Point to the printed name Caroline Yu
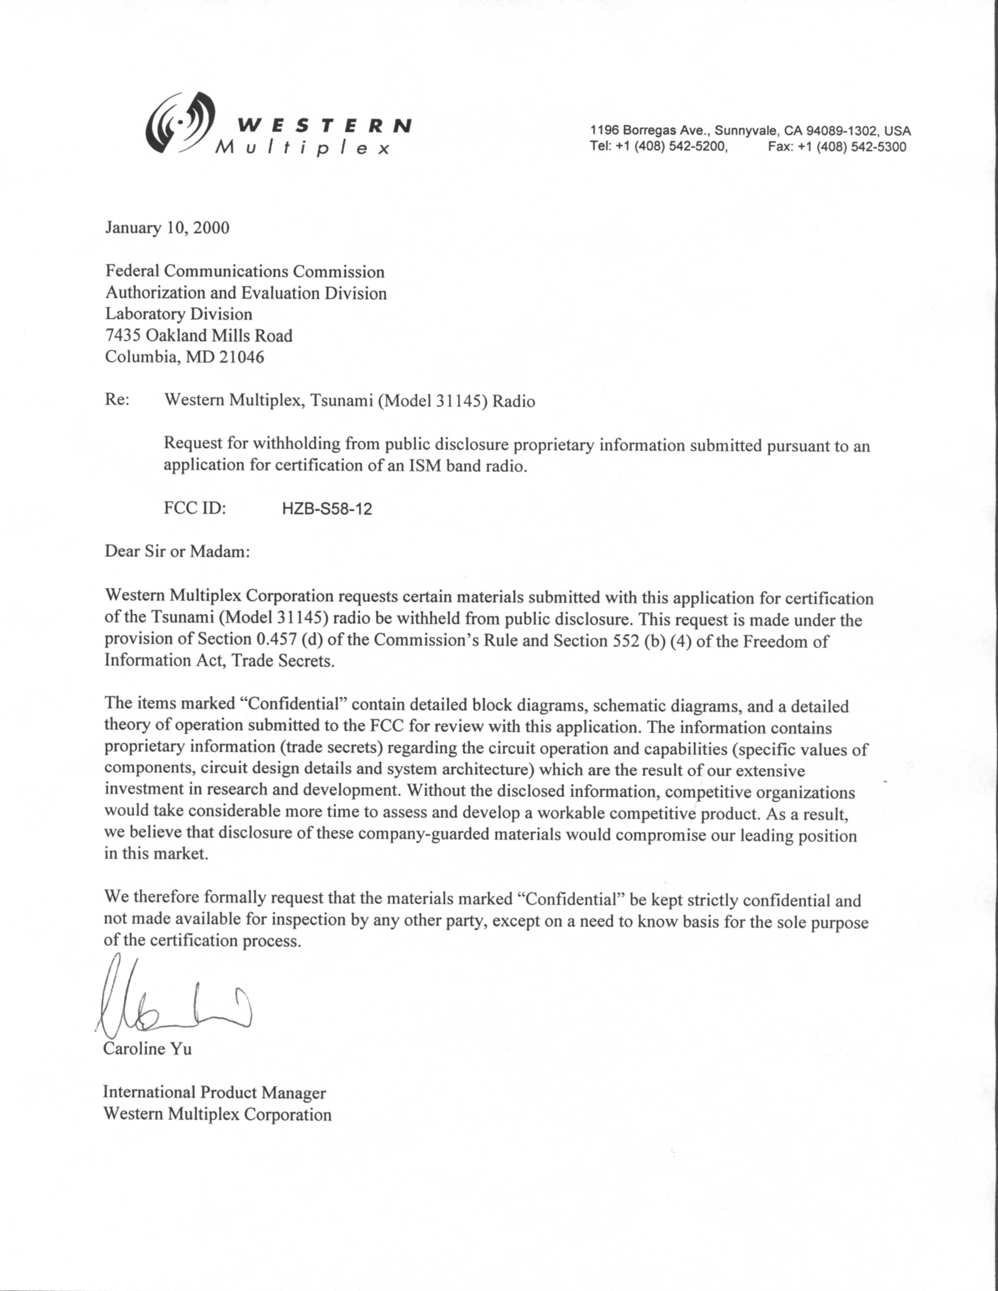pos(147,1049)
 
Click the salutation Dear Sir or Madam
pos(177,551)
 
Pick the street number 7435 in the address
pos(123,336)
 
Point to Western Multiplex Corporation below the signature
pos(217,1114)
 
